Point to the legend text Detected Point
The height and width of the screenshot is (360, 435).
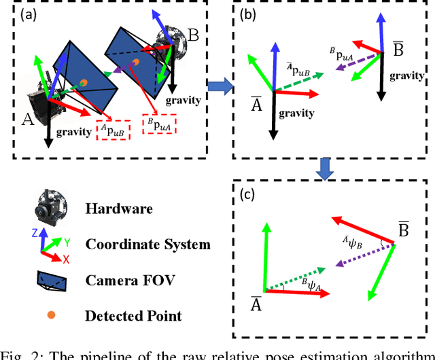click(133, 315)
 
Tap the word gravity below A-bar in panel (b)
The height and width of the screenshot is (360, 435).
click(296, 113)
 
